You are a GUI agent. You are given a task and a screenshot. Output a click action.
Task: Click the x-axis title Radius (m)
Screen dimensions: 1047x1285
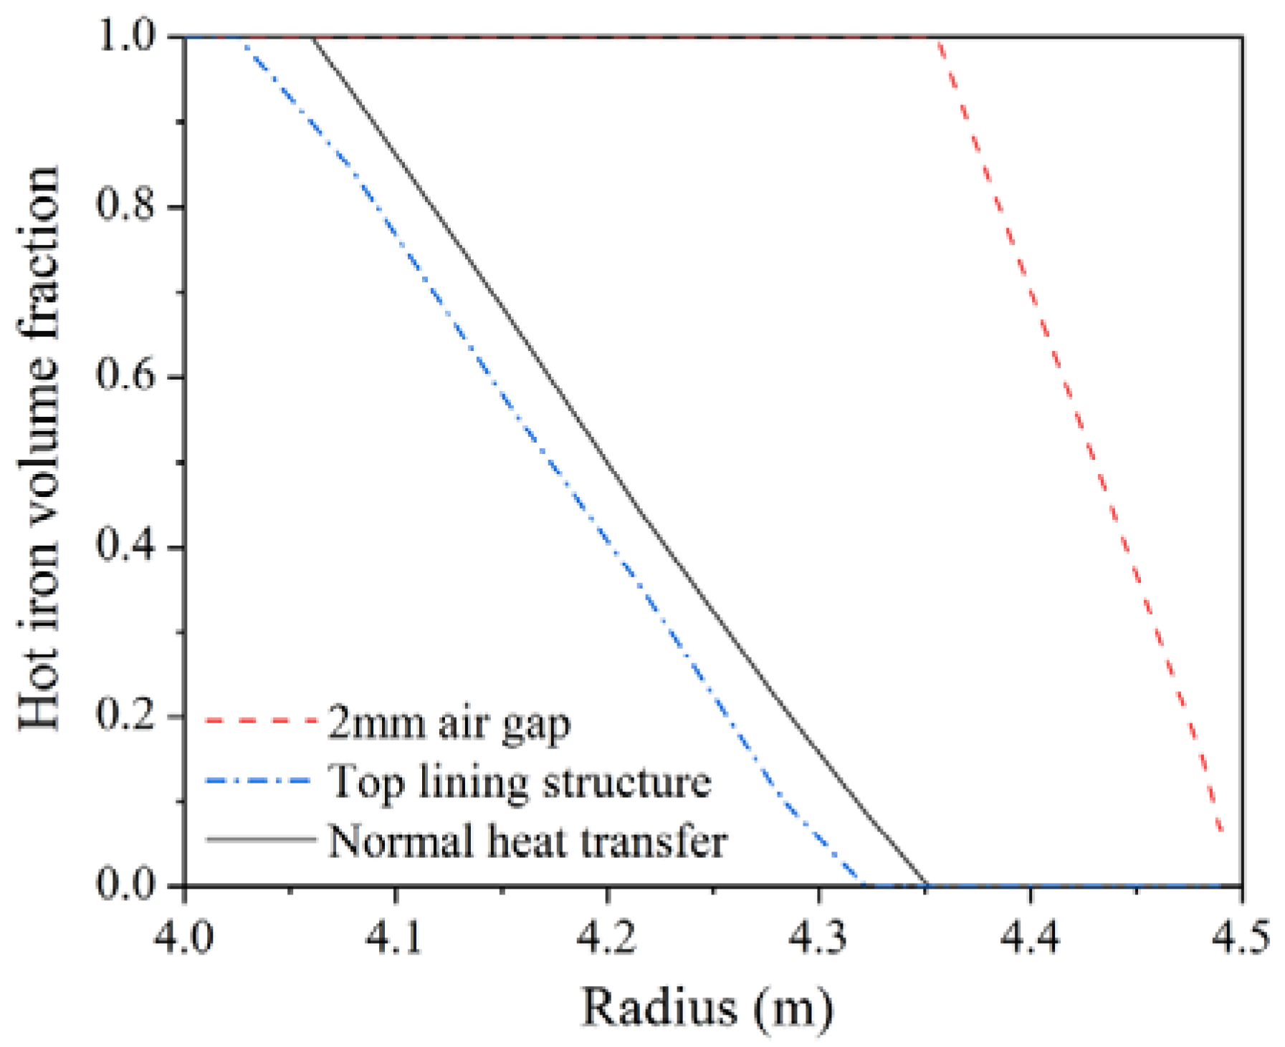[707, 1008]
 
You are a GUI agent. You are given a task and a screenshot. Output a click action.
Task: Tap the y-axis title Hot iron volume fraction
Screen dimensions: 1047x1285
[39, 448]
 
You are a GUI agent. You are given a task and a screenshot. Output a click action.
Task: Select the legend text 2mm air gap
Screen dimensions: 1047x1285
[449, 724]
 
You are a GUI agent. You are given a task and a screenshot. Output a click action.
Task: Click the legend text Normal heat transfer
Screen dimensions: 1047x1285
[528, 839]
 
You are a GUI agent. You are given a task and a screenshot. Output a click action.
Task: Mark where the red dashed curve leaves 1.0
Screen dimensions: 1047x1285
[937, 37]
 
